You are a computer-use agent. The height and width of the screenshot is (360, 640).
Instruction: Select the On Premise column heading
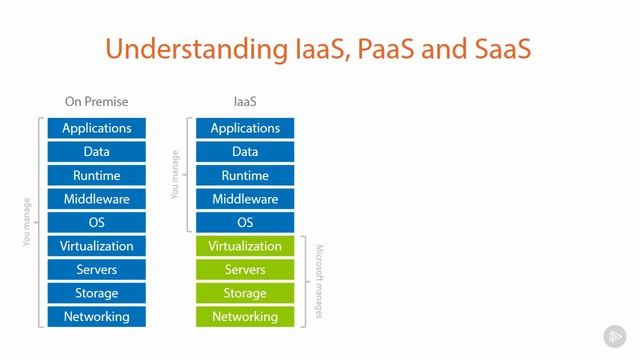(96, 101)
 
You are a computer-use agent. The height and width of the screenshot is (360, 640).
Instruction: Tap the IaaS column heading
(245, 101)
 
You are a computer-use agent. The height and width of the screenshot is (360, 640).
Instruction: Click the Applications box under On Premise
(96, 128)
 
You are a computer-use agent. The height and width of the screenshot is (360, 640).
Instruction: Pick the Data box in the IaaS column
(245, 152)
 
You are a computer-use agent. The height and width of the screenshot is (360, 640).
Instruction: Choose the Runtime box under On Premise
(96, 175)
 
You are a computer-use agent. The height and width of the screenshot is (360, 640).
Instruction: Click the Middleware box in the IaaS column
(245, 199)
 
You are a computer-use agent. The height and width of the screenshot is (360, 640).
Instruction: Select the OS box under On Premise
(96, 222)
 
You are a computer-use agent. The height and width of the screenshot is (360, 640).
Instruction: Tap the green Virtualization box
(245, 246)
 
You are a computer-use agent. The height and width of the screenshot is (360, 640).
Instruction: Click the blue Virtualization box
(96, 246)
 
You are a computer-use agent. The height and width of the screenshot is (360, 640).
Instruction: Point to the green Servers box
(245, 270)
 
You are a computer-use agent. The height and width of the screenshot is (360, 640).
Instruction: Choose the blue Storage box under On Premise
(96, 293)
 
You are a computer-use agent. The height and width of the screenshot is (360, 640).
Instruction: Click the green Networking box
(245, 317)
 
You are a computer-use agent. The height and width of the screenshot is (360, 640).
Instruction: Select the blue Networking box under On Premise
(96, 317)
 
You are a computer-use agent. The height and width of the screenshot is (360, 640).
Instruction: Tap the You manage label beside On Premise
(27, 222)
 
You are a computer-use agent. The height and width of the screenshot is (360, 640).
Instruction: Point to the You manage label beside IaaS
(176, 175)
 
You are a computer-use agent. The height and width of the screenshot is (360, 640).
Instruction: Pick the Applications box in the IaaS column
(245, 128)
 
